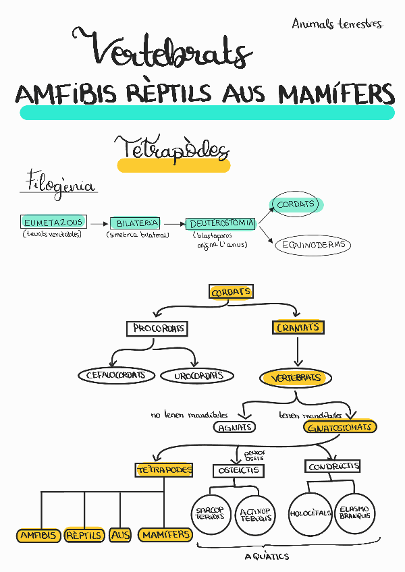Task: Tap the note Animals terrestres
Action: (337, 24)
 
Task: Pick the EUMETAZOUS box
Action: (53, 222)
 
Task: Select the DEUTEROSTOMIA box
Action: (221, 223)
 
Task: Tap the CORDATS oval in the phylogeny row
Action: (296, 204)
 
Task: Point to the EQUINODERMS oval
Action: (313, 244)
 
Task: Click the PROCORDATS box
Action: (157, 328)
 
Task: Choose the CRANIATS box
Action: (298, 328)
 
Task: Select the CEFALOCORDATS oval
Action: (117, 375)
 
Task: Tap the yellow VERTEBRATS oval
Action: (294, 378)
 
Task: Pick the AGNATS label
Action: (235, 427)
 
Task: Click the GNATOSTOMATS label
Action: (339, 427)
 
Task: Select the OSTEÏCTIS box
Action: (238, 470)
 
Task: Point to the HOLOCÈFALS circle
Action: (310, 513)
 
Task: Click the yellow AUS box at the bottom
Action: (119, 535)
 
